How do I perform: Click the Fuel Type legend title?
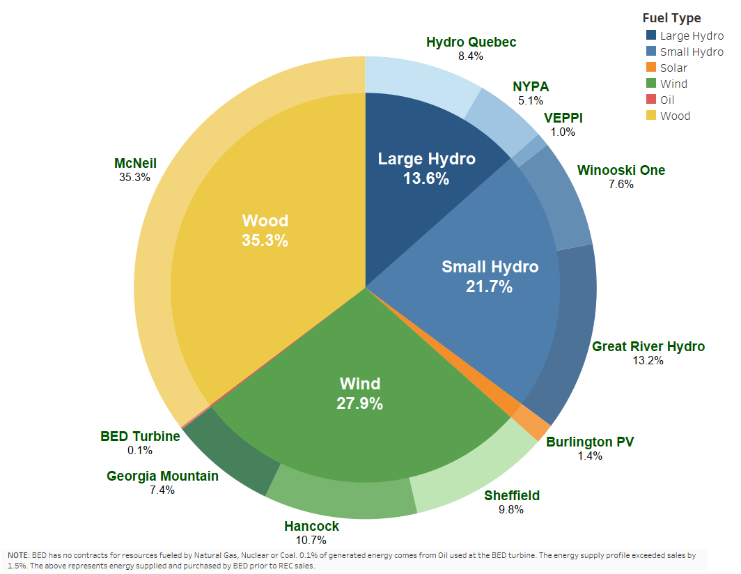pyautogui.click(x=671, y=18)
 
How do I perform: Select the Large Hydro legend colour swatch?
pyautogui.click(x=651, y=36)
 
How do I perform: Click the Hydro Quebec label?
pyautogui.click(x=471, y=42)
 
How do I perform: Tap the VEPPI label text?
pyautogui.click(x=563, y=118)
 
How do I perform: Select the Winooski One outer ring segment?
pyautogui.click(x=560, y=199)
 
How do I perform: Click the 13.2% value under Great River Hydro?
pyautogui.click(x=648, y=361)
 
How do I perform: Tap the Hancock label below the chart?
pyautogui.click(x=311, y=526)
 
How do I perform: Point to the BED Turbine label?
pyautogui.click(x=140, y=437)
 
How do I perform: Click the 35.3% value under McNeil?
pyautogui.click(x=135, y=178)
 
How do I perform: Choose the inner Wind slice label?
pyautogui.click(x=360, y=384)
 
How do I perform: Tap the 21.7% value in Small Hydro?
pyautogui.click(x=490, y=286)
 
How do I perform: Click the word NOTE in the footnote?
pyautogui.click(x=17, y=554)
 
